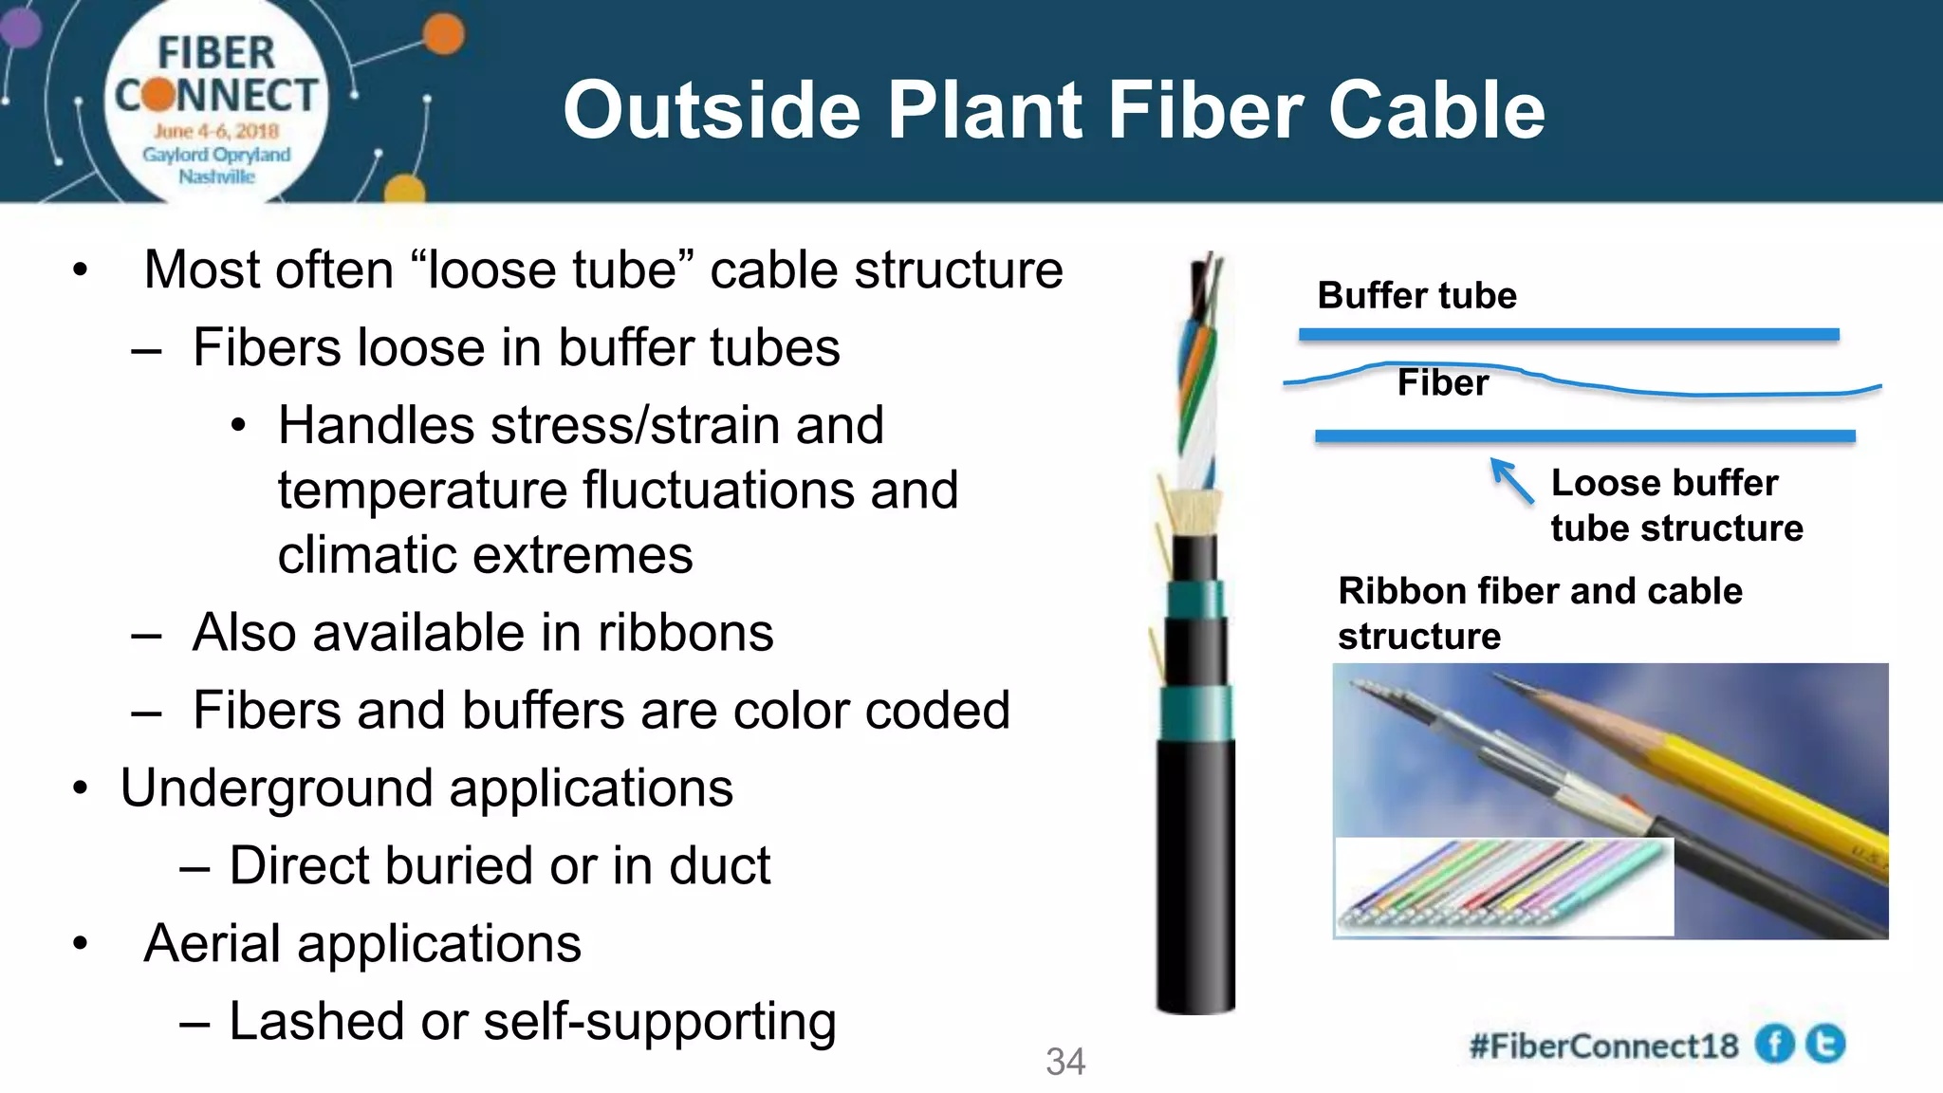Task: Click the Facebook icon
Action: coord(1774,1045)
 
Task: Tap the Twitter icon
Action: coord(1825,1045)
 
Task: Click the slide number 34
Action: coord(1064,1062)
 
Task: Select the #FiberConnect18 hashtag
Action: coord(1603,1047)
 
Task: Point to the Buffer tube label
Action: coord(1416,296)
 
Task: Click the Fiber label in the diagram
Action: coord(1442,383)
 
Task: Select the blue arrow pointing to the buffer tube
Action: coord(1511,480)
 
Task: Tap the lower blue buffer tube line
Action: coord(1584,436)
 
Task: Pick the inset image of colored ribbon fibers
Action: coord(1504,887)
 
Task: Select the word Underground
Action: coord(271,788)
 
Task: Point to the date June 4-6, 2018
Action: coord(216,131)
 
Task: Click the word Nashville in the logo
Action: coord(216,176)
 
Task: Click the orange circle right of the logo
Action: coord(443,35)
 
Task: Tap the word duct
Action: coord(720,866)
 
